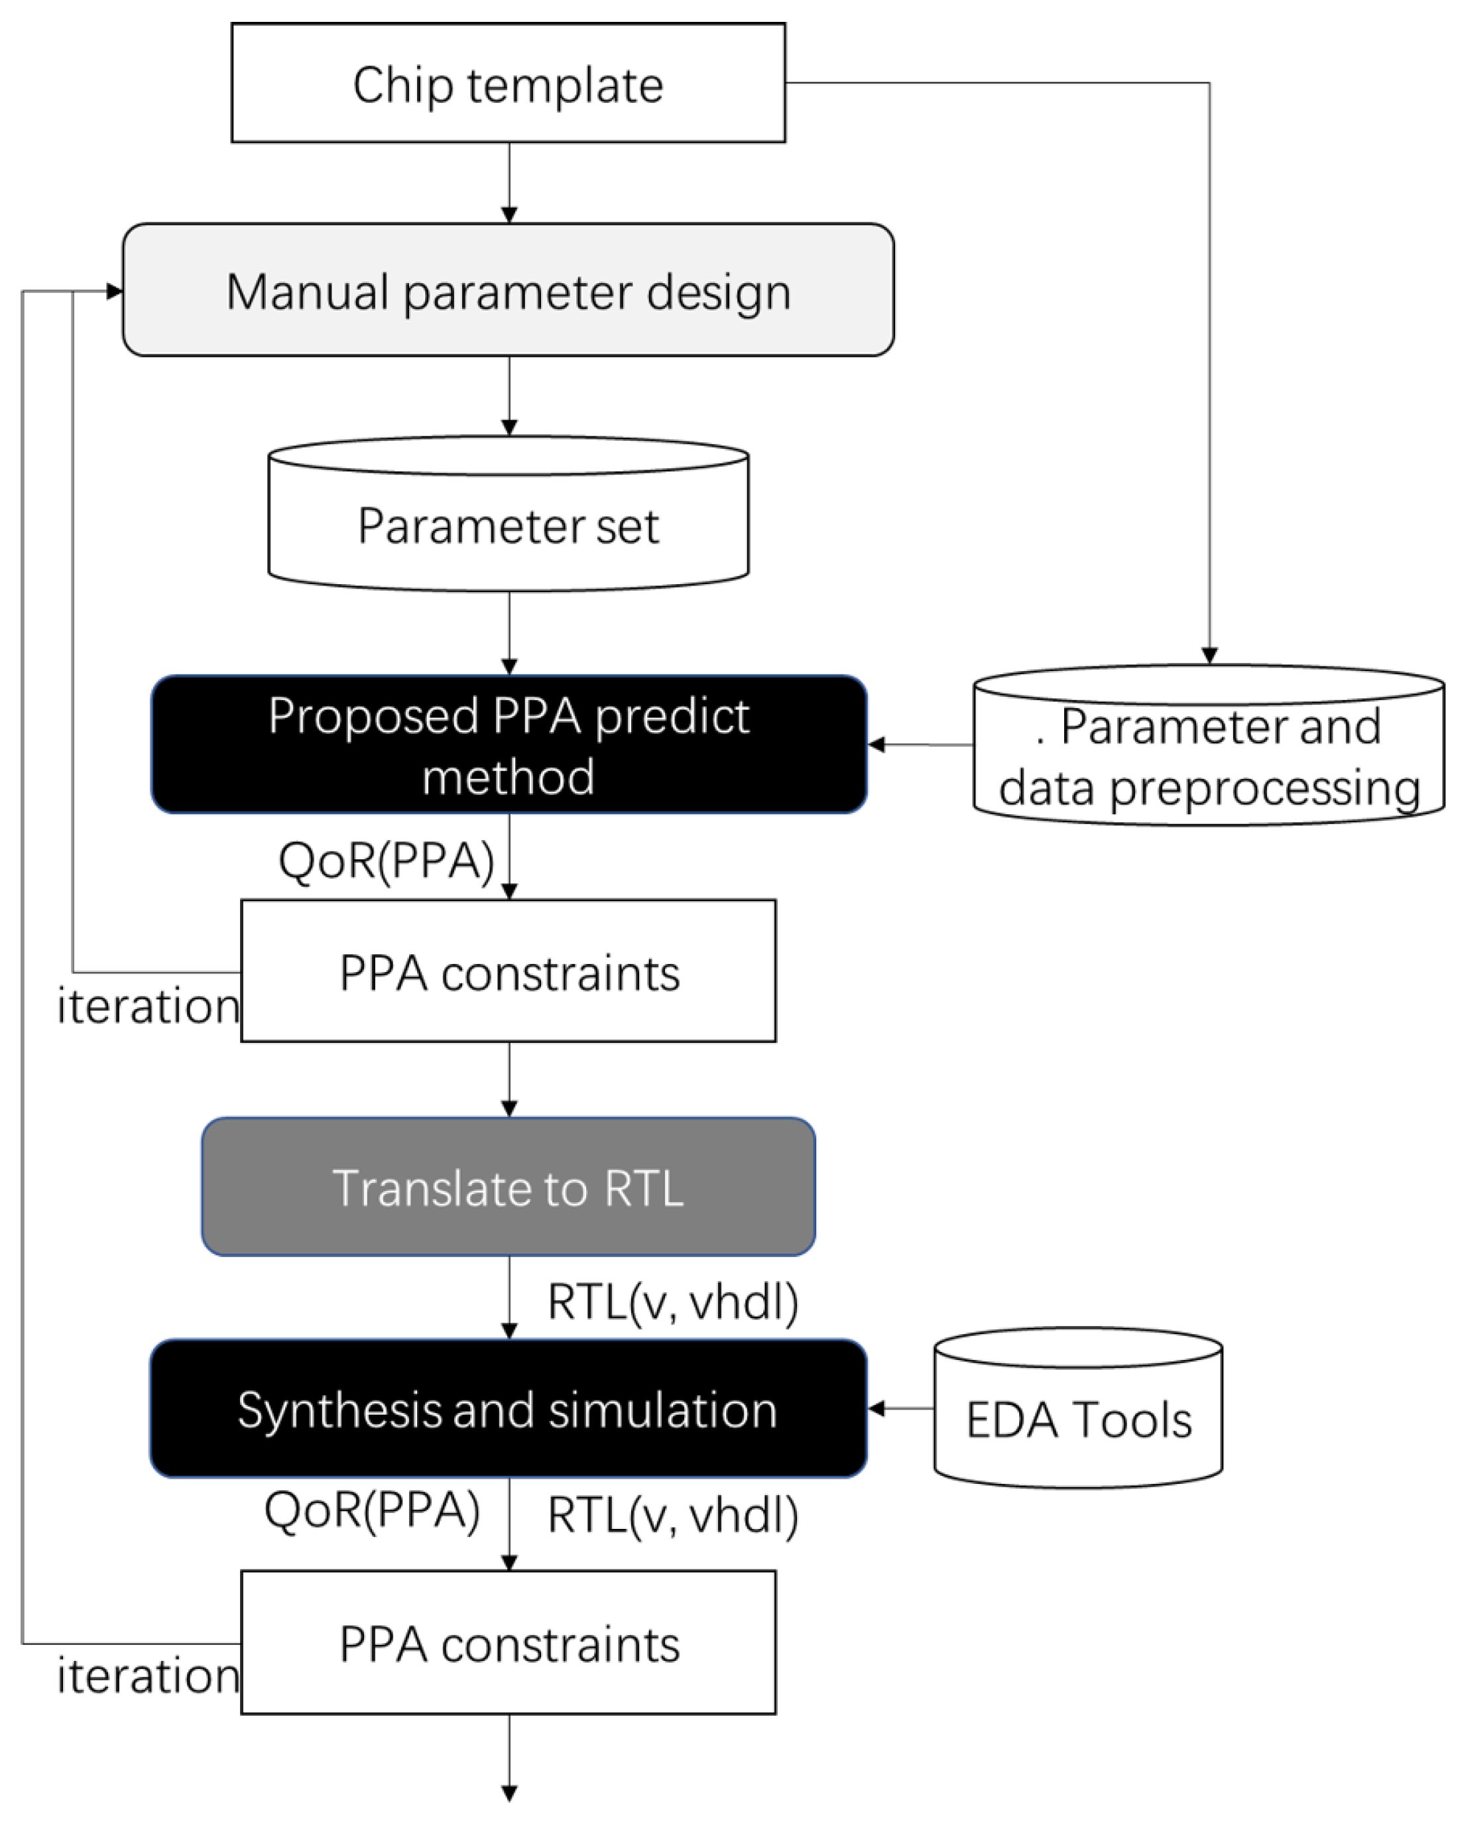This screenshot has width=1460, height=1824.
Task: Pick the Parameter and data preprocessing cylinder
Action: click(1208, 755)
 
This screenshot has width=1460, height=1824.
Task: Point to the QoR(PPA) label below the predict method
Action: click(386, 861)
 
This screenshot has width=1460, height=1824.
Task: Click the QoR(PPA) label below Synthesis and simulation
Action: click(372, 1511)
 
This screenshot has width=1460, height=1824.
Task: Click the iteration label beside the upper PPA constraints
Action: click(148, 1006)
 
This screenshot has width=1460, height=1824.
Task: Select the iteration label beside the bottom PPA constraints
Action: click(148, 1677)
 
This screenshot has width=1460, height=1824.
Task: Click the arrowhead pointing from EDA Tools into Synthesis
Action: click(877, 1408)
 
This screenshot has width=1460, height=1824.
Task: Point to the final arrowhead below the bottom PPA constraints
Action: click(509, 1792)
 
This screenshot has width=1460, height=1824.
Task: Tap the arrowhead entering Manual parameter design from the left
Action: click(115, 292)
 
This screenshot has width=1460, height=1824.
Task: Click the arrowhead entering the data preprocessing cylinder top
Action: click(1209, 656)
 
